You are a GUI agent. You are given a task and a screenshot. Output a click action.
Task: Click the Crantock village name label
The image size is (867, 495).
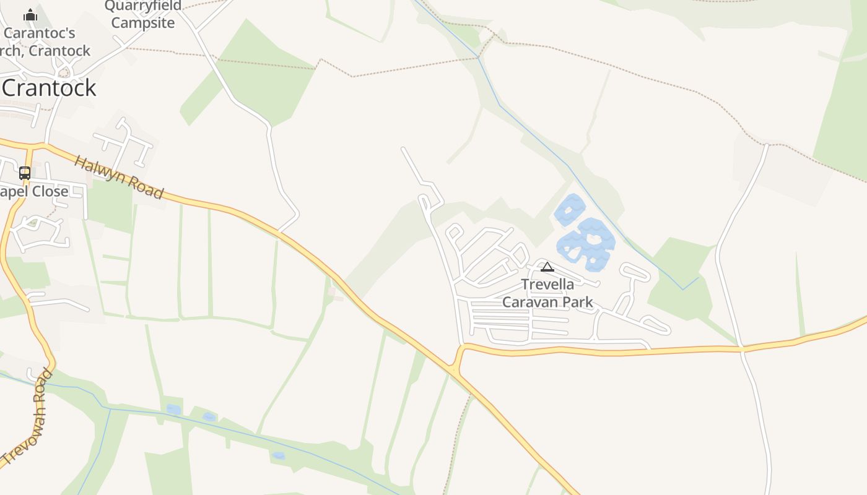[x=50, y=88]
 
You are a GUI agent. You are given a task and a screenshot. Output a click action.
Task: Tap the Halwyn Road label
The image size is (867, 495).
[x=119, y=178]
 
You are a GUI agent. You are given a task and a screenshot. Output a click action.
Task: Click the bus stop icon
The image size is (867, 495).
[x=25, y=173]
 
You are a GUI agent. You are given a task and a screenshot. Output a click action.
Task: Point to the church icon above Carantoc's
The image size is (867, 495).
[x=30, y=15]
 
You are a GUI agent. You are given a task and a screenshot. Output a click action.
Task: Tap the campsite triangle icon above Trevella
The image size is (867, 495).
[x=547, y=267]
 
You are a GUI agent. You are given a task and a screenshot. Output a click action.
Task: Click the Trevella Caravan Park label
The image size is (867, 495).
[x=547, y=293]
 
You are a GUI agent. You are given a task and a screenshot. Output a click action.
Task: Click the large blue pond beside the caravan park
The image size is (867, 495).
[x=586, y=244]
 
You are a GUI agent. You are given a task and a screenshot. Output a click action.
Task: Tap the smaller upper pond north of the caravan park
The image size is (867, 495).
[x=570, y=210]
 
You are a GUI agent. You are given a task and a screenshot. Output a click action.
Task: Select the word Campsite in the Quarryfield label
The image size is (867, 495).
[x=142, y=24]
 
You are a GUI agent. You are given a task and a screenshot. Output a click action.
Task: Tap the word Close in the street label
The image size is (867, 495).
[x=50, y=192]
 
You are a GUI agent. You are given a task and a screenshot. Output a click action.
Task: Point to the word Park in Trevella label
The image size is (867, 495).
[x=578, y=303]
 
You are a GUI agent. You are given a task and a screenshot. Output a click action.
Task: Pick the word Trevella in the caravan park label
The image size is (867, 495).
[x=547, y=285]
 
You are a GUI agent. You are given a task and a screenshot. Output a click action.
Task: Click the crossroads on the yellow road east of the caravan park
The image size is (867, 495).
[x=742, y=350]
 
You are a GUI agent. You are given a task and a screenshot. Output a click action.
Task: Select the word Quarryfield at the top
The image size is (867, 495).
[x=143, y=6]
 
